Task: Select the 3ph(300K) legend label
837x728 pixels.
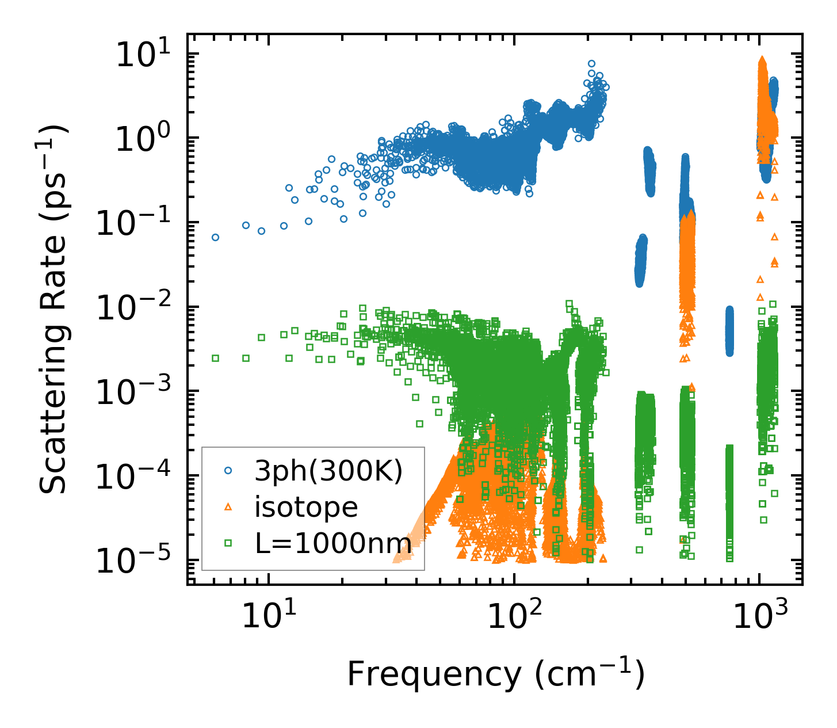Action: point(328,471)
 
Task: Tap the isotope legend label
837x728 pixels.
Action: point(307,507)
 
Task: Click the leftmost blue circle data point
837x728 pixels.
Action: point(215,237)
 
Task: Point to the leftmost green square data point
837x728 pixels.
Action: point(215,358)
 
